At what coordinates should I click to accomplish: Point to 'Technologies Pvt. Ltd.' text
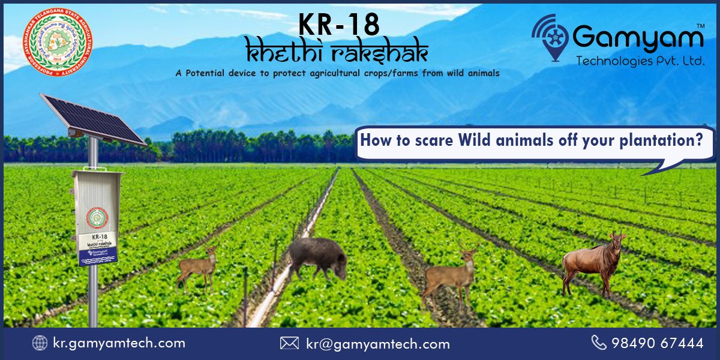coord(640,61)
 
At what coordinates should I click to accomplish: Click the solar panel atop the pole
coord(92,119)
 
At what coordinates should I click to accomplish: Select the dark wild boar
coord(317,257)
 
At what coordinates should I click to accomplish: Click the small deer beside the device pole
coord(198,269)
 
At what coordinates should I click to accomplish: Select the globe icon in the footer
coord(40,343)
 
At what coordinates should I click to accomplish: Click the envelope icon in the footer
coord(289,343)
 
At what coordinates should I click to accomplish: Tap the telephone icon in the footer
coord(598,343)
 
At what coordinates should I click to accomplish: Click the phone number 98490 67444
coord(657,343)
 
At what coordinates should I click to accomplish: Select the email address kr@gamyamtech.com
coord(378,344)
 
